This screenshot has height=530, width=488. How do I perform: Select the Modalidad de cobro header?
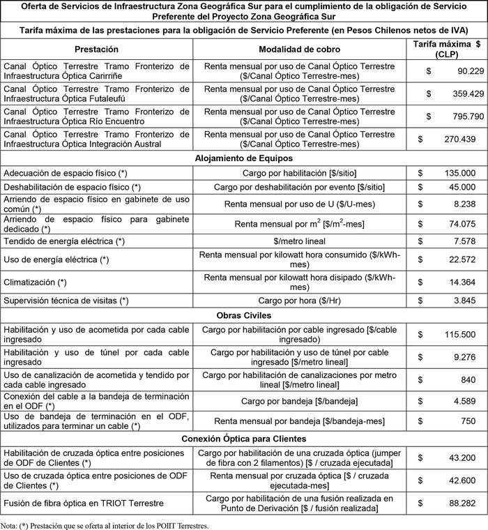pyautogui.click(x=299, y=50)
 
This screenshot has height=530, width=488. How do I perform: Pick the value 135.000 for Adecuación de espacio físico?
pyautogui.click(x=457, y=172)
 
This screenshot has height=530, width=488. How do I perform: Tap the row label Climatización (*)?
pyautogui.click(x=35, y=282)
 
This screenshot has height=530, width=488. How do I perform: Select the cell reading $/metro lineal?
pyautogui.click(x=299, y=241)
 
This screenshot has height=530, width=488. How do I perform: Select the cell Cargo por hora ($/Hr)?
pyautogui.click(x=299, y=301)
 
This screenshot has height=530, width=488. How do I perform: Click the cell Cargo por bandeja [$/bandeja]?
pyautogui.click(x=299, y=401)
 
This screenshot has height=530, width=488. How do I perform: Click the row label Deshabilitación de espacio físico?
pyautogui.click(x=73, y=187)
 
